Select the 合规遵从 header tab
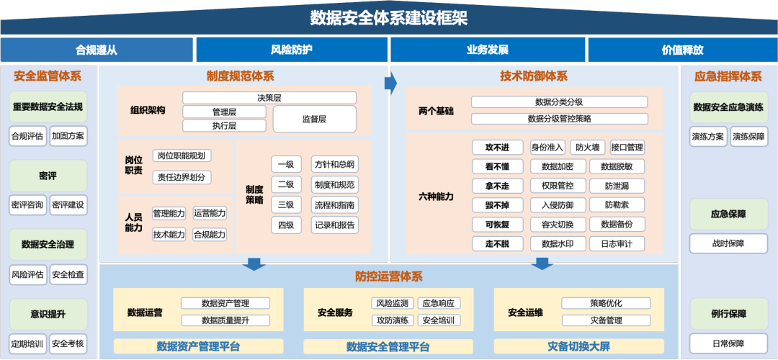tap(97, 50)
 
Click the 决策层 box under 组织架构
tap(269, 98)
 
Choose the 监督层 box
tap(314, 119)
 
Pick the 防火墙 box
tap(587, 148)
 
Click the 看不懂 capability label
tap(497, 166)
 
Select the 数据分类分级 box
tap(559, 102)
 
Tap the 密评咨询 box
tap(27, 205)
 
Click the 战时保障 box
tap(728, 243)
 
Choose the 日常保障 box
tap(728, 343)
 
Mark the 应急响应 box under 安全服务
tap(438, 304)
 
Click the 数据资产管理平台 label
tap(198, 347)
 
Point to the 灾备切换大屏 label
tap(579, 347)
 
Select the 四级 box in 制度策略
tap(286, 225)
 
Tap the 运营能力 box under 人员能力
tap(210, 213)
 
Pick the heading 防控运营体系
tap(389, 276)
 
